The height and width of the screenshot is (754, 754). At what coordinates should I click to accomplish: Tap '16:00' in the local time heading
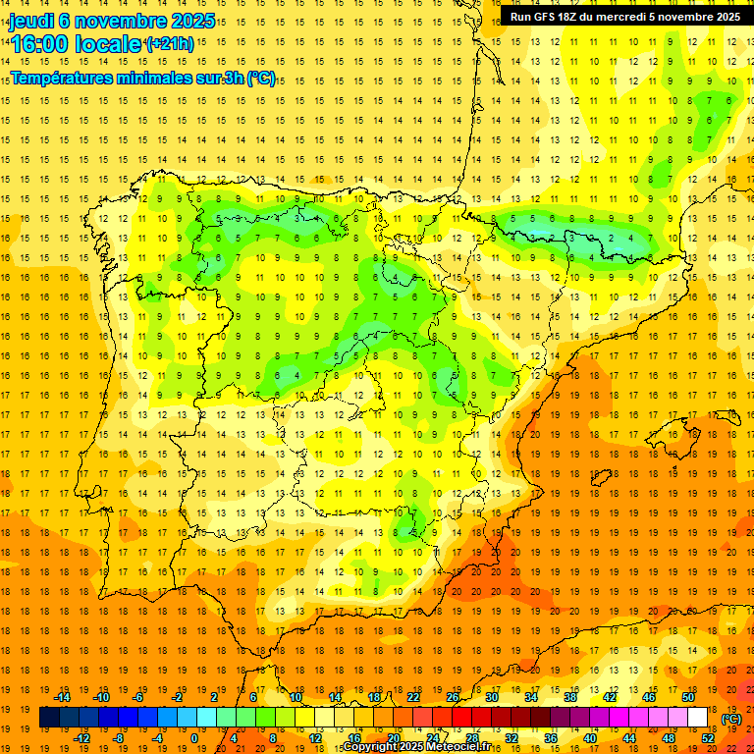point(41,44)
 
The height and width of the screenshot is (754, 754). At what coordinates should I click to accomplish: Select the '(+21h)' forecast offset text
point(169,44)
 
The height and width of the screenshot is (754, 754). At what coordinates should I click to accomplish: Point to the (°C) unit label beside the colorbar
point(731,719)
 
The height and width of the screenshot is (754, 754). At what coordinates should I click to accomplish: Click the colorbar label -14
point(65,697)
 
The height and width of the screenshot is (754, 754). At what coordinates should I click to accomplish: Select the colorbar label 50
point(688,697)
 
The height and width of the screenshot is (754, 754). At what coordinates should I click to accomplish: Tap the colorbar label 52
point(708,738)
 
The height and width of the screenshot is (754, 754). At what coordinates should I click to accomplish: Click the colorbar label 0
point(194,738)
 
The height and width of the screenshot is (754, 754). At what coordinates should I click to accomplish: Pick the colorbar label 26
point(453,697)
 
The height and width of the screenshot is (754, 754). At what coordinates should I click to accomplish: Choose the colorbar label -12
point(82,738)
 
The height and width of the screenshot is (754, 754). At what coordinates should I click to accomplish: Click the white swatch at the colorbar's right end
point(698,718)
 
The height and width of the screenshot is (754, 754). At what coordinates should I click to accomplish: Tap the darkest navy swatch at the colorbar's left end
point(49,718)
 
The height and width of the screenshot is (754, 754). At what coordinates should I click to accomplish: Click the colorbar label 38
point(570,697)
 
